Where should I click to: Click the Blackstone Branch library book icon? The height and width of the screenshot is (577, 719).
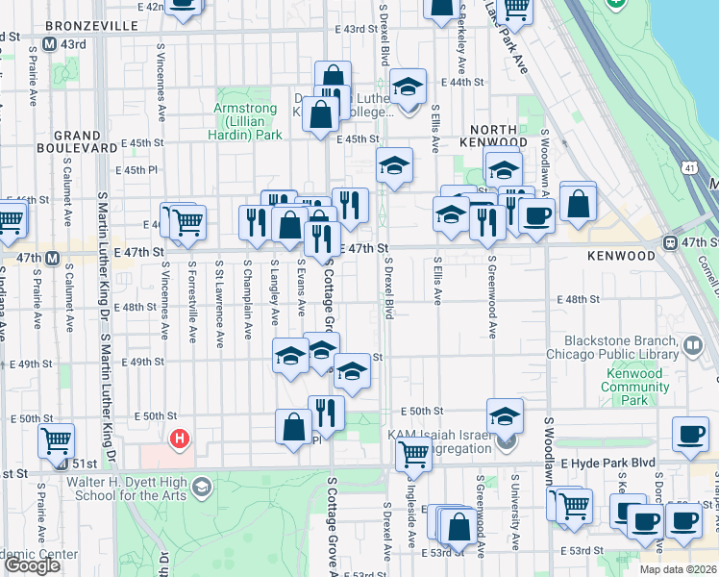coord(692,344)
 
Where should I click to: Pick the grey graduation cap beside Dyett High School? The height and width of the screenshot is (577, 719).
coord(200,488)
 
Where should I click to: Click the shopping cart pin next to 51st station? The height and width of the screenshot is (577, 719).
coord(57,439)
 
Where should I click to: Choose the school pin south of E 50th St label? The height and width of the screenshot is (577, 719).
coord(504,415)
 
